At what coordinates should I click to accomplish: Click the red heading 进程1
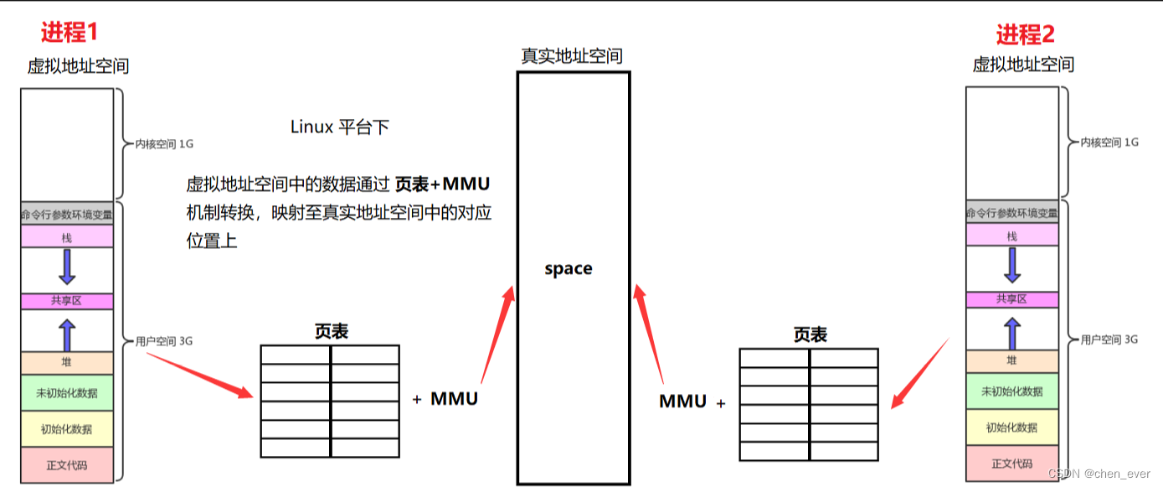pos(69,32)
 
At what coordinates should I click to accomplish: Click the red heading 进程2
pos(1025,34)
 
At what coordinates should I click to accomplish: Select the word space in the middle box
pos(569,268)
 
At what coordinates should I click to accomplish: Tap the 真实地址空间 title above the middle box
pos(572,56)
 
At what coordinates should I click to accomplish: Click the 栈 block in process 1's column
pos(67,237)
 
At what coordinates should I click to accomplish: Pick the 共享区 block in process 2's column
pos(1011,299)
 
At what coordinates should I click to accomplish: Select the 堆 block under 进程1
pos(67,363)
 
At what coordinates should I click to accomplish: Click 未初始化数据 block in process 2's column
pos(1011,391)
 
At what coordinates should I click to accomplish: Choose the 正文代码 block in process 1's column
pos(67,464)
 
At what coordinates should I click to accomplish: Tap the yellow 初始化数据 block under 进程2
pos(1011,427)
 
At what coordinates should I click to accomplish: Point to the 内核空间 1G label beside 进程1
pos(164,143)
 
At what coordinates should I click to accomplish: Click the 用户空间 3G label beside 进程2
pos(1109,339)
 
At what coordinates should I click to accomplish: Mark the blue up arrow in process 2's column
pos(1011,333)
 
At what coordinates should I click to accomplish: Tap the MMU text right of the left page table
pos(454,399)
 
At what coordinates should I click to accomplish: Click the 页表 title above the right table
pos(810,335)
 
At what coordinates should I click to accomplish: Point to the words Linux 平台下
pos(339,127)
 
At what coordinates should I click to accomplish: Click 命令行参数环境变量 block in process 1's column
pos(67,214)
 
